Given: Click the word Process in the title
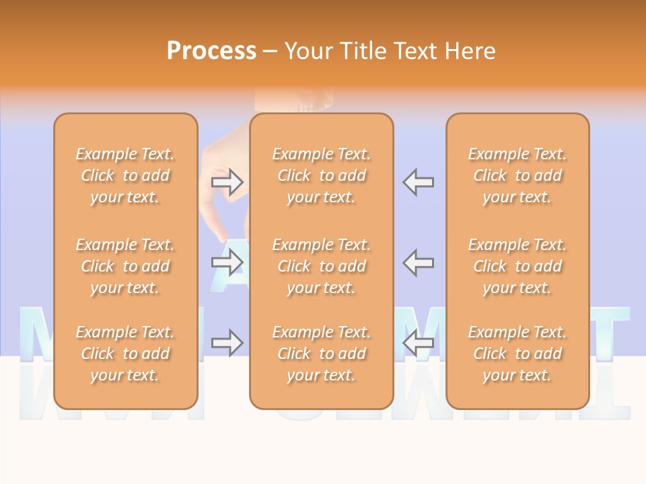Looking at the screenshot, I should [x=211, y=51].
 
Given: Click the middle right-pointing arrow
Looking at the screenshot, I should [x=227, y=262].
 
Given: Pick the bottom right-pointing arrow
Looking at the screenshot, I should [x=227, y=343].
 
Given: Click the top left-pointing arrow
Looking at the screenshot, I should [x=419, y=182].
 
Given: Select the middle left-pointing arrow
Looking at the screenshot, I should [x=419, y=262].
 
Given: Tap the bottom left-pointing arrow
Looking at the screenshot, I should [x=419, y=343].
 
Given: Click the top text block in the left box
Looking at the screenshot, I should [x=125, y=175].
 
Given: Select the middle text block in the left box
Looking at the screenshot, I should [x=125, y=266].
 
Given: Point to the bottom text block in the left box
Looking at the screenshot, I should [x=125, y=354].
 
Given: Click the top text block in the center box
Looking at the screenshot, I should [x=321, y=175].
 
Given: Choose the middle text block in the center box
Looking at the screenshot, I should [x=321, y=266].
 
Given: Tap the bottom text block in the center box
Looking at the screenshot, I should [x=321, y=354].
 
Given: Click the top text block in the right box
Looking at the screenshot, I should [x=517, y=175].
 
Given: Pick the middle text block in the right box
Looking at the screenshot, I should [x=517, y=266].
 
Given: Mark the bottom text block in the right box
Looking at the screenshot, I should [x=517, y=354].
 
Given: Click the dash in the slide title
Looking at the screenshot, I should [x=269, y=52].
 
